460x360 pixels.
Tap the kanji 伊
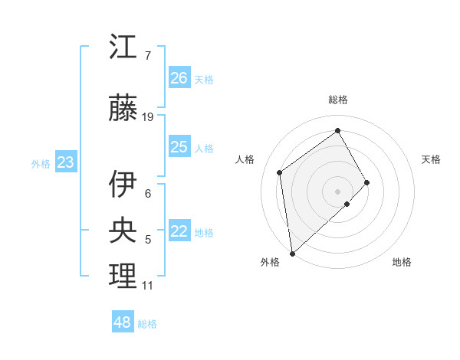(x=123, y=184)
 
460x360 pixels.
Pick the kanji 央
(x=123, y=230)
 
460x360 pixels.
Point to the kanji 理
(x=123, y=276)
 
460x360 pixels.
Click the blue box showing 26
(x=179, y=77)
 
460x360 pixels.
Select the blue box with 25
(x=179, y=147)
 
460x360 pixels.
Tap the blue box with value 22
(x=179, y=232)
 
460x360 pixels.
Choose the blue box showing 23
(x=65, y=162)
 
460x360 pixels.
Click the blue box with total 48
(x=123, y=322)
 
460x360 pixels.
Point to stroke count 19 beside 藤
(x=148, y=117)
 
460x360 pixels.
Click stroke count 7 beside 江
(x=147, y=56)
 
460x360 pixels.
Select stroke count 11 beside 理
(x=147, y=286)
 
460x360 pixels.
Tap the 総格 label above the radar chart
(x=338, y=100)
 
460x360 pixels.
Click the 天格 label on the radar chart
(x=431, y=159)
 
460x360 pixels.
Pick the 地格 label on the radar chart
(x=402, y=263)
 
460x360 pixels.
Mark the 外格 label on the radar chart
(x=270, y=263)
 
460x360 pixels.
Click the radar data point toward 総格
(x=338, y=131)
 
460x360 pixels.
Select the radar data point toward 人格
(x=280, y=172)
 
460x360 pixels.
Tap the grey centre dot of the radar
(x=338, y=191)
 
